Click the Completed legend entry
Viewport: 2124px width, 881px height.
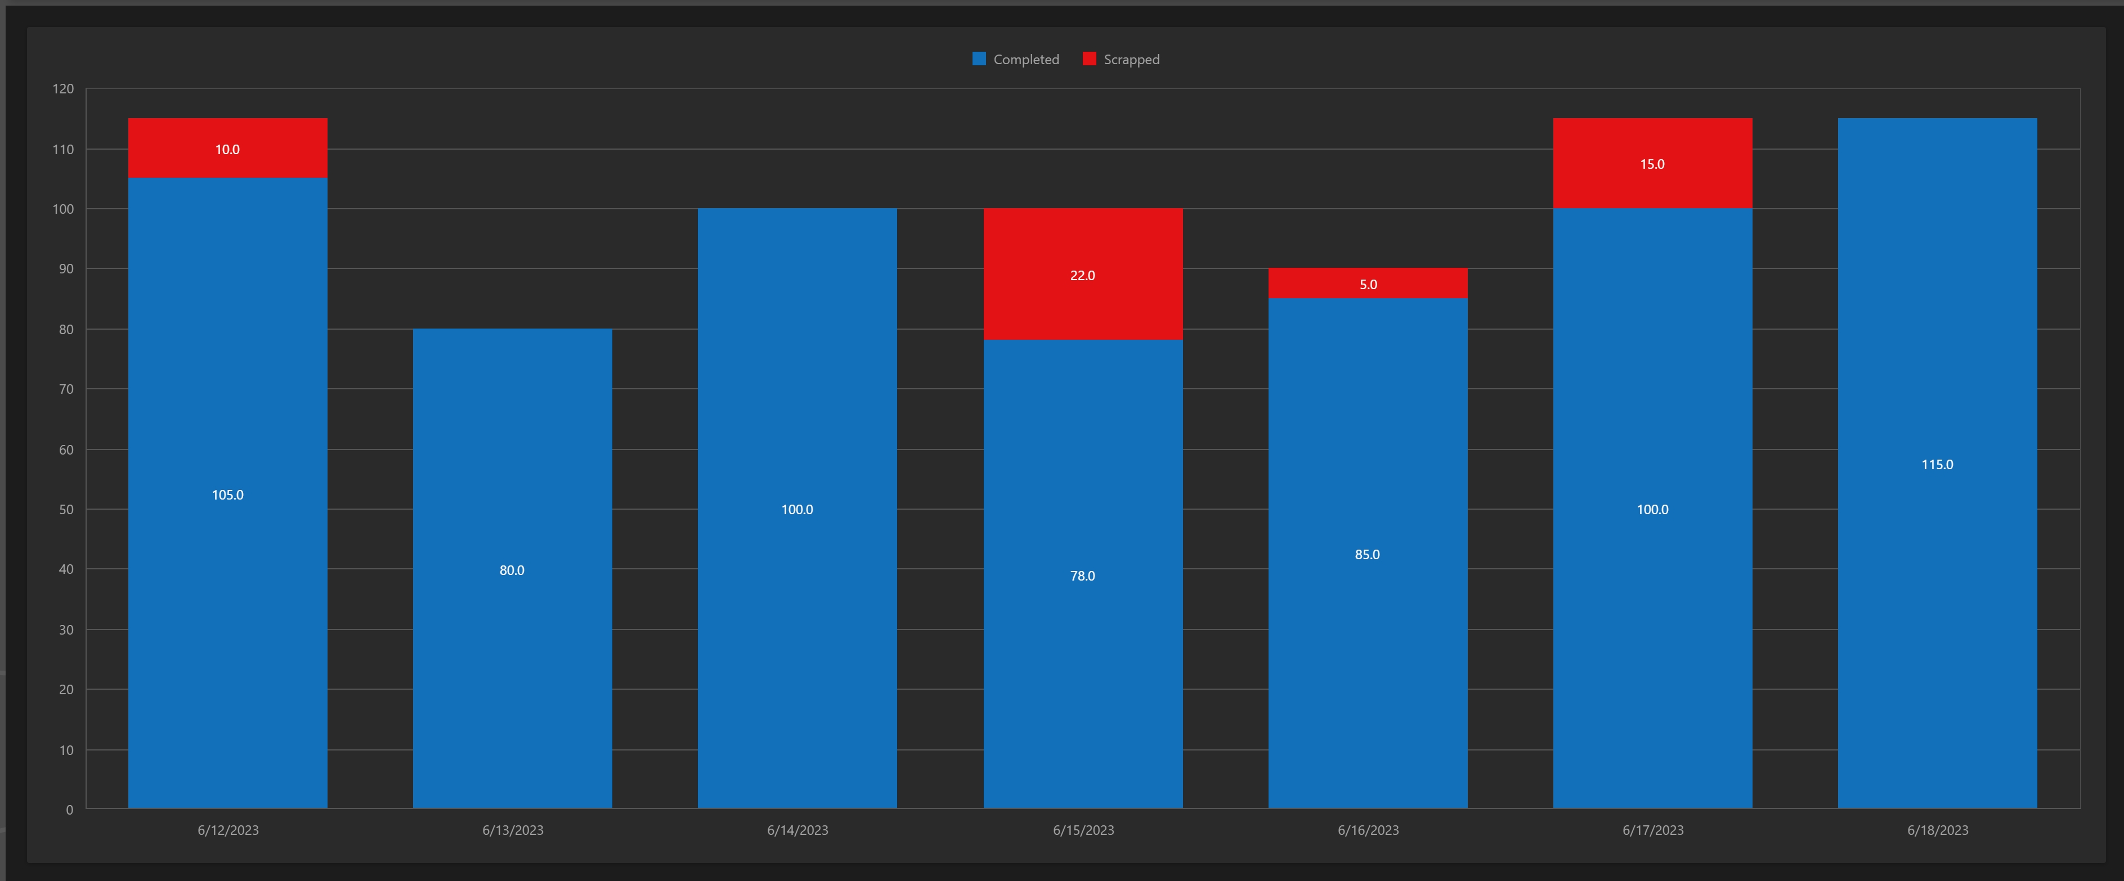click(x=1016, y=59)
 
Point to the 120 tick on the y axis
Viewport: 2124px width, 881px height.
click(x=64, y=89)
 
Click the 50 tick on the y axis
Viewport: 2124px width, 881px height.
click(x=66, y=509)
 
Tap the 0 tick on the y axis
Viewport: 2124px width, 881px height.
click(x=69, y=810)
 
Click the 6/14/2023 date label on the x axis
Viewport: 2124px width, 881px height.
click(x=797, y=830)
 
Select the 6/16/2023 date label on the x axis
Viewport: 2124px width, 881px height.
click(x=1368, y=830)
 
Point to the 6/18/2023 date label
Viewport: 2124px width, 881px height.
click(x=1937, y=830)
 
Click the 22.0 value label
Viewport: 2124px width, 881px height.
click(x=1083, y=275)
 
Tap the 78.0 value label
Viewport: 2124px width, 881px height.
click(x=1083, y=576)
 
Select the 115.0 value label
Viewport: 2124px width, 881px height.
click(x=1937, y=465)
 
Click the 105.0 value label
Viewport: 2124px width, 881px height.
click(x=227, y=495)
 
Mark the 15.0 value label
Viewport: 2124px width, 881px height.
click(x=1652, y=164)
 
